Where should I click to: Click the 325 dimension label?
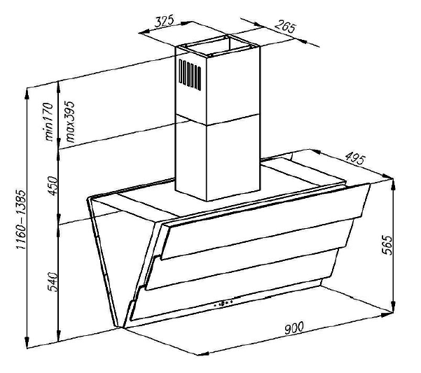coord(164,22)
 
